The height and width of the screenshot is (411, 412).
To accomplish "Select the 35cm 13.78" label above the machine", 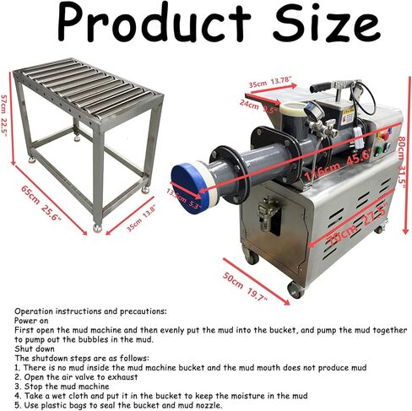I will (270, 83).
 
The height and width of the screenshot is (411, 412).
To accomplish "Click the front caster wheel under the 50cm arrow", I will (295, 289).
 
